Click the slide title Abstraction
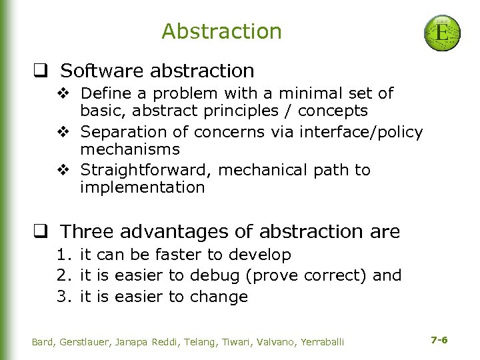(x=221, y=31)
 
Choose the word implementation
(x=142, y=188)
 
